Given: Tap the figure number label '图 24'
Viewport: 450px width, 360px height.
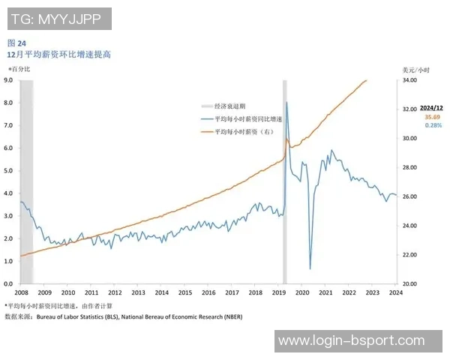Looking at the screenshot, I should tap(16, 43).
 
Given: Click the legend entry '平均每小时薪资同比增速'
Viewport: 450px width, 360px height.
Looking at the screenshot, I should tap(247, 118).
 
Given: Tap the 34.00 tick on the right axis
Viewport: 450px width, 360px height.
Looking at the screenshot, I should tap(410, 79).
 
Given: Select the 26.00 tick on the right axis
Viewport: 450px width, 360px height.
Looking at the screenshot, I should tap(410, 196).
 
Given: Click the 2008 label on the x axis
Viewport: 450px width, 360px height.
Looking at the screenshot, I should tap(21, 292).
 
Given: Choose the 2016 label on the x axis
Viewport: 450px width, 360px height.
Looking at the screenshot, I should tap(208, 292).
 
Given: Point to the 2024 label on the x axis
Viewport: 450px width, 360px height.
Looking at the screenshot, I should tap(395, 292).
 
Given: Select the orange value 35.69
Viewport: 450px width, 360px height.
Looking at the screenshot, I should tap(433, 118).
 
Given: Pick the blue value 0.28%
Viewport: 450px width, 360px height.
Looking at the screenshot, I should tap(433, 126).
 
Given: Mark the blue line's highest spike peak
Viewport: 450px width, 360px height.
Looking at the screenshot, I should tap(287, 102).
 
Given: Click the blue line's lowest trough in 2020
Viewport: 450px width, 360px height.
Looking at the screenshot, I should tap(310, 268).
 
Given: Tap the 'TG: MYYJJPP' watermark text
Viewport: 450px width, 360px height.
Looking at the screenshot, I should tap(58, 19).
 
